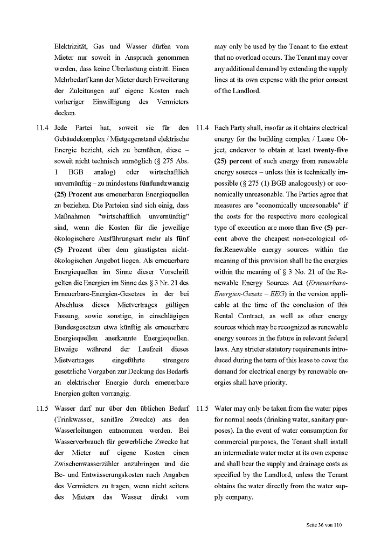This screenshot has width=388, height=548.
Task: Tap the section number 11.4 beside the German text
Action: click(43, 128)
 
